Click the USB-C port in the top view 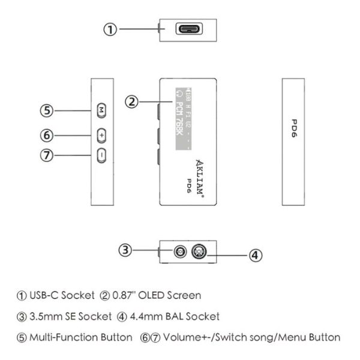(188, 29)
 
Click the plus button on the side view (101, 136)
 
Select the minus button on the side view (101, 155)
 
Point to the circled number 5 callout (47, 110)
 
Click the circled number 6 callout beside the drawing (47, 136)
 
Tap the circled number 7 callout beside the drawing (47, 155)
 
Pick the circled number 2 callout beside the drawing (133, 101)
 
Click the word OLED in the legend (151, 295)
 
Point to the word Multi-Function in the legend (52, 337)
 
